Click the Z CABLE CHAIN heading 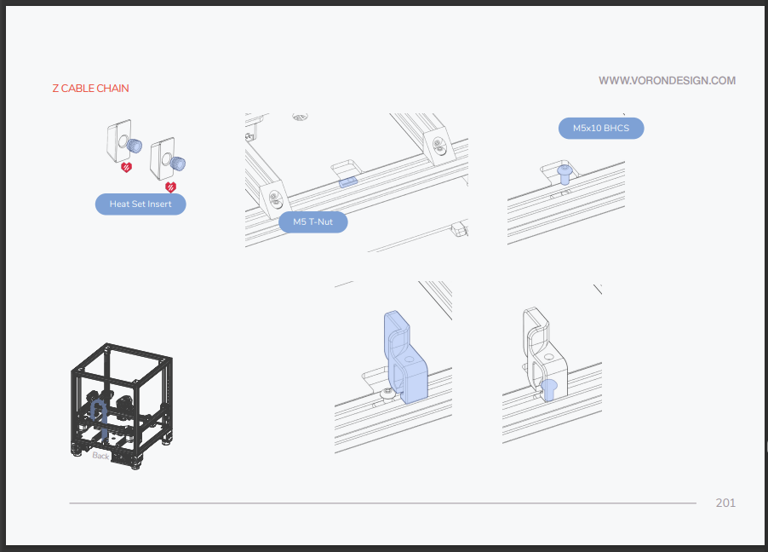90,89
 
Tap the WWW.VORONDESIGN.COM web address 667,81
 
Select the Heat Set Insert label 140,204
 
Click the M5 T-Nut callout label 313,222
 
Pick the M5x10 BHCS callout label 601,128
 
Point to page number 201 725,503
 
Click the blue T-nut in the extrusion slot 348,182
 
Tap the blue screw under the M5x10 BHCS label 565,174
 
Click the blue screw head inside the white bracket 548,389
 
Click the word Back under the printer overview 100,456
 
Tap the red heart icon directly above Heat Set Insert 170,187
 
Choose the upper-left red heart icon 126,167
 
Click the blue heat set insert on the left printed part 135,146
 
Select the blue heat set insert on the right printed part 178,164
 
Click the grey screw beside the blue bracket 388,393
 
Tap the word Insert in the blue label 160,204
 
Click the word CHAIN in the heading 112,89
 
